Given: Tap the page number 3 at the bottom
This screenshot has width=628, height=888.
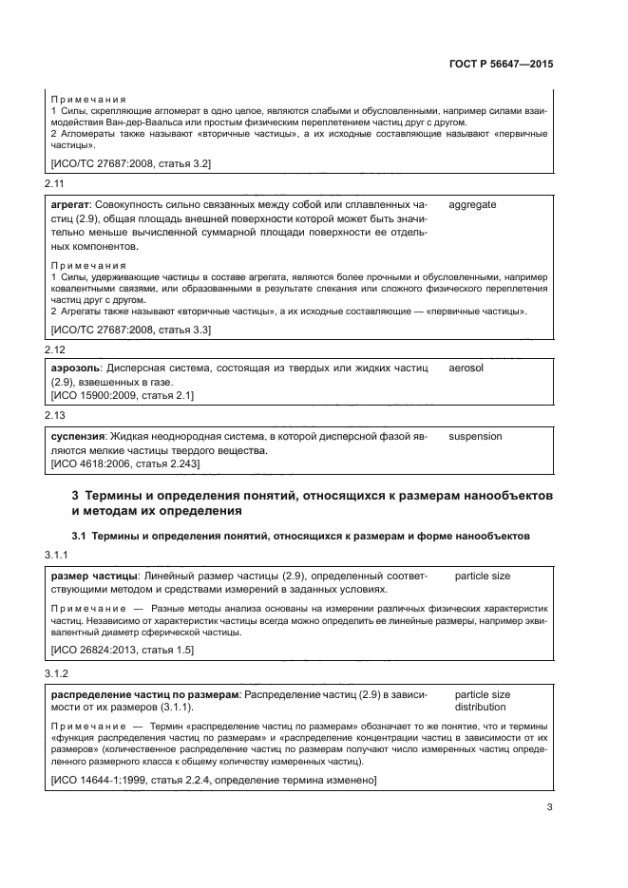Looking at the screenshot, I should (549, 807).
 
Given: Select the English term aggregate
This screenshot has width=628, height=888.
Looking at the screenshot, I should (472, 204).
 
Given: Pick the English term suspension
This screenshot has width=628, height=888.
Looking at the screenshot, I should (475, 436).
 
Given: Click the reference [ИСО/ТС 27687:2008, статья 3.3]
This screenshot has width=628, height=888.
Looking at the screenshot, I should (130, 329).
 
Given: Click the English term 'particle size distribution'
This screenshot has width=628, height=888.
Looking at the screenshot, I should (483, 701).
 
